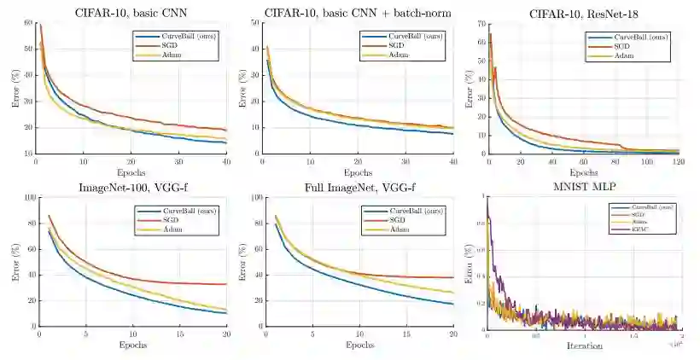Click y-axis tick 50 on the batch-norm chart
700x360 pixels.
pos(254,22)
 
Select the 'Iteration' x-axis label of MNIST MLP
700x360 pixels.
pos(583,346)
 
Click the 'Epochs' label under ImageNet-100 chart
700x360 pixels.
pos(131,345)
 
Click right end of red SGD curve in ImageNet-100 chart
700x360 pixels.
pos(226,284)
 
